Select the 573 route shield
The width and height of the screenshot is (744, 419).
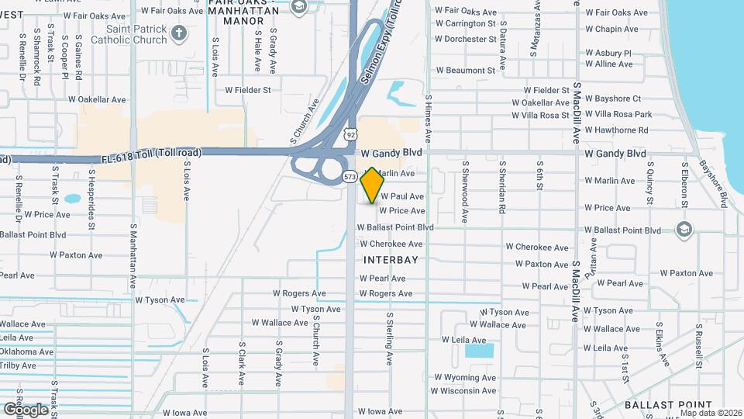[350, 177]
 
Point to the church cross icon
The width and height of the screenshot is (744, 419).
[180, 33]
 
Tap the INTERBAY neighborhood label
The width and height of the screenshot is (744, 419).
[391, 259]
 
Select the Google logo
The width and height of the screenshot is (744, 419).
[25, 409]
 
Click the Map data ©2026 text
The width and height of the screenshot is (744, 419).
[711, 413]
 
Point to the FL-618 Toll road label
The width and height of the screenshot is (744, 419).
[151, 154]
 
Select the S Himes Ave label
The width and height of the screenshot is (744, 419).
[428, 115]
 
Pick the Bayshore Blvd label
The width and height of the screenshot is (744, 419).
[713, 183]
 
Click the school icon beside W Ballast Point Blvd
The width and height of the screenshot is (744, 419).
[684, 229]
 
